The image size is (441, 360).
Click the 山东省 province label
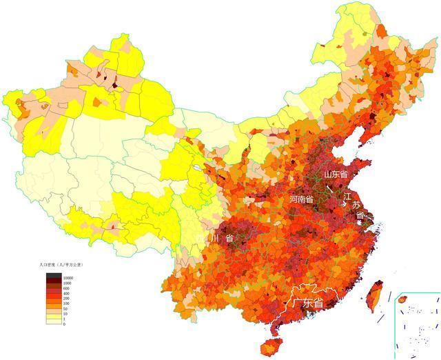point(336,173)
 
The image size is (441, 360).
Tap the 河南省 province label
point(301,199)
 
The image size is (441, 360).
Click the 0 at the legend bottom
point(65,324)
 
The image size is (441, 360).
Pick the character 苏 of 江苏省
point(356,206)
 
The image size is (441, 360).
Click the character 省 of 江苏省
point(360,216)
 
